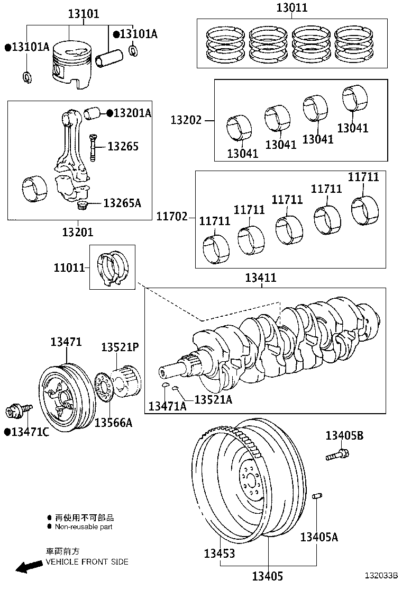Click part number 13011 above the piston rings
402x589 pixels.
pyautogui.click(x=292, y=8)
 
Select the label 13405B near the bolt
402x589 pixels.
pyautogui.click(x=344, y=435)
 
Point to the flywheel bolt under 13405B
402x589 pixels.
pyautogui.click(x=336, y=454)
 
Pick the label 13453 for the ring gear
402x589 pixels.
pyautogui.click(x=220, y=554)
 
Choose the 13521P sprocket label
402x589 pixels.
pyautogui.click(x=120, y=347)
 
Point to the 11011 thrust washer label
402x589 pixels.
pyautogui.click(x=69, y=268)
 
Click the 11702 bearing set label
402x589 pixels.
pyautogui.click(x=172, y=216)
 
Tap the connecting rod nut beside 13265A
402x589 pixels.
pyautogui.click(x=82, y=204)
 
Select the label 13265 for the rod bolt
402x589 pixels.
pyautogui.click(x=123, y=146)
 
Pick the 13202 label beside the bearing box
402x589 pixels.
pyautogui.click(x=186, y=120)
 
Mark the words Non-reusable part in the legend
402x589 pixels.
pyautogui.click(x=84, y=526)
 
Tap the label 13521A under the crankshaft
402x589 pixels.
pyautogui.click(x=213, y=399)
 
